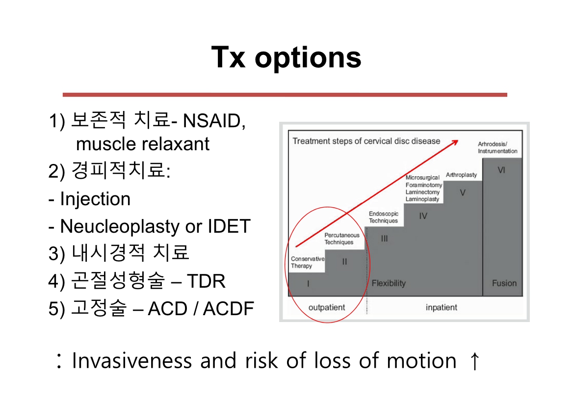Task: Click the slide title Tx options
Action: [x=287, y=57]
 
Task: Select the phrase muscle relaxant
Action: [x=142, y=144]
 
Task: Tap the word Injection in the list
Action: [x=95, y=199]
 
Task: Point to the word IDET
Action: [x=229, y=226]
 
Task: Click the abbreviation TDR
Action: [x=206, y=281]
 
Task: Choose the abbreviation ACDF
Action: [x=229, y=308]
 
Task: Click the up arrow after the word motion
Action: [x=474, y=360]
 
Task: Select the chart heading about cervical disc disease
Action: [x=366, y=141]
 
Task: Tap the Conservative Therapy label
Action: [x=308, y=262]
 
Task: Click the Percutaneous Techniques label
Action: [x=342, y=239]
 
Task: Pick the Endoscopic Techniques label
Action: [x=383, y=217]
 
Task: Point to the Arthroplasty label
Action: [x=461, y=175]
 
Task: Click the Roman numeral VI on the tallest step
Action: [x=501, y=170]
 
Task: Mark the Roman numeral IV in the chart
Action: [x=423, y=216]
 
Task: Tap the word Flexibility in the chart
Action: [x=389, y=283]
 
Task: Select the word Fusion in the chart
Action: [x=504, y=283]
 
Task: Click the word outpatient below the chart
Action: [x=327, y=307]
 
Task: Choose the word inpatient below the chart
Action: [x=441, y=307]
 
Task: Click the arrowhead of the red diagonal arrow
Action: [x=455, y=142]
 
